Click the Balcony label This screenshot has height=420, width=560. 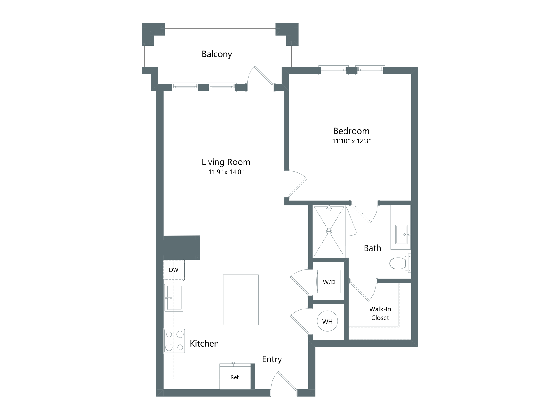(x=217, y=54)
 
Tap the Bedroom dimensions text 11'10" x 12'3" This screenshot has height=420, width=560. (x=351, y=141)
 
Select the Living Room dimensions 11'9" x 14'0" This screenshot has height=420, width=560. (x=226, y=172)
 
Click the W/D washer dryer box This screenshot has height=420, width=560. (x=329, y=282)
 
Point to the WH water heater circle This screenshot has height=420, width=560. (x=327, y=321)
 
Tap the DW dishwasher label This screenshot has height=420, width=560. (x=174, y=270)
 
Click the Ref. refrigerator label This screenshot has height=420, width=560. (x=235, y=377)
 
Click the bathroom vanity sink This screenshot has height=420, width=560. (x=402, y=234)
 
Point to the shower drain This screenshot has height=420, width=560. (x=329, y=232)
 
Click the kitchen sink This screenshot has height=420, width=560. (x=174, y=298)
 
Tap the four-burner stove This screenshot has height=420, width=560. (x=174, y=341)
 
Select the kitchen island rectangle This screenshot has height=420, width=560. (x=241, y=300)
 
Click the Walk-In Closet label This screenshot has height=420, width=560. (x=380, y=313)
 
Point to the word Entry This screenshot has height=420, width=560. (x=272, y=359)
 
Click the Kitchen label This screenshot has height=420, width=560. (x=204, y=344)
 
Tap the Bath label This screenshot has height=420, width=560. (x=372, y=248)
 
